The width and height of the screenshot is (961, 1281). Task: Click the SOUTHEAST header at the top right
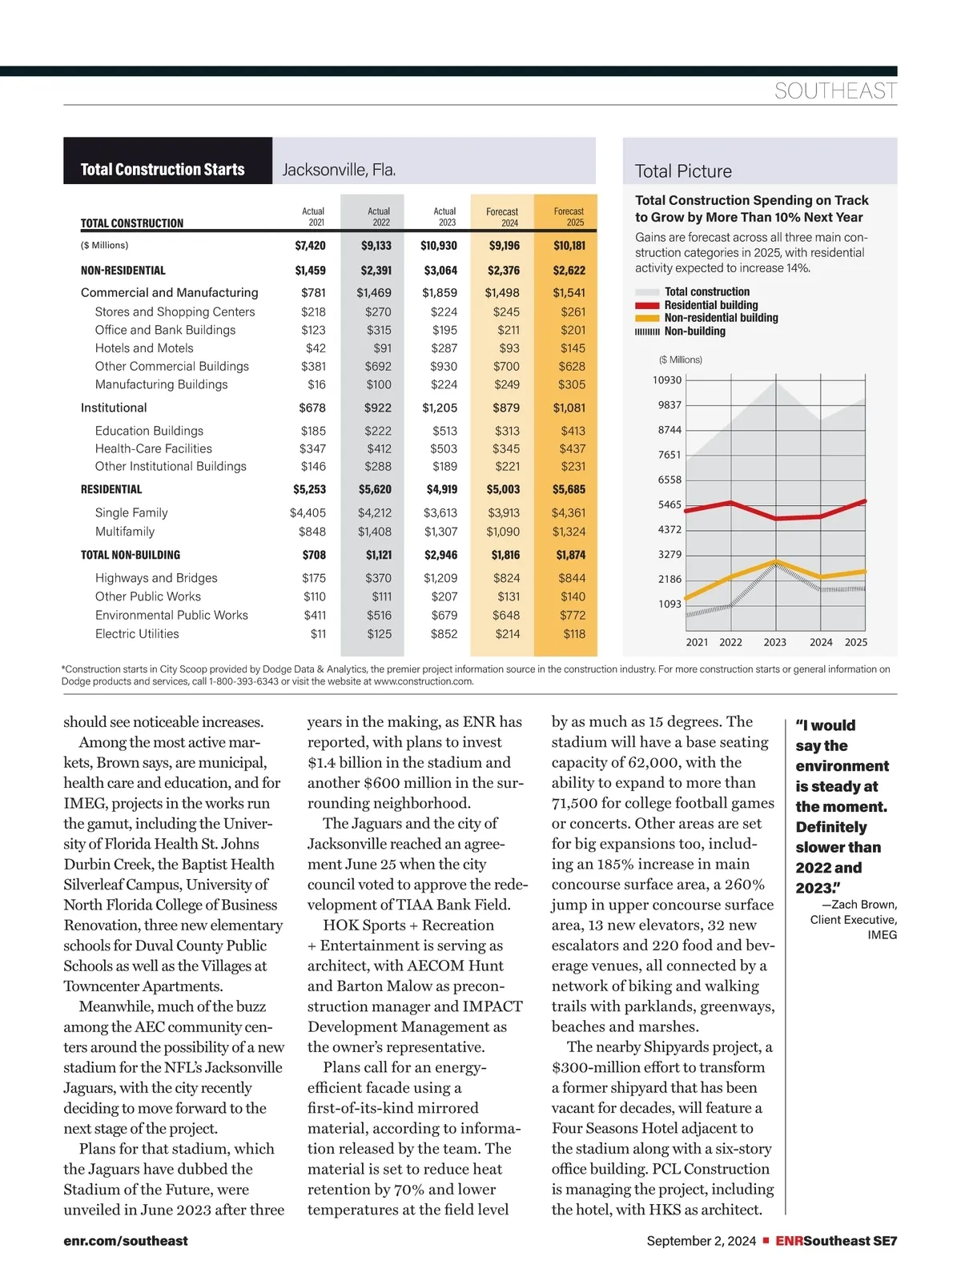[835, 91]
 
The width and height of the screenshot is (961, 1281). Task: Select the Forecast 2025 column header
[569, 217]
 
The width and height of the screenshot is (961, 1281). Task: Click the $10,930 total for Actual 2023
[439, 246]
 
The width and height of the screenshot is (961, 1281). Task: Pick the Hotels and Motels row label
[144, 348]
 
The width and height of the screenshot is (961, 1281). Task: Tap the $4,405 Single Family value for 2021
[308, 513]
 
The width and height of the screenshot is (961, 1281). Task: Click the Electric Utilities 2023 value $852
[444, 634]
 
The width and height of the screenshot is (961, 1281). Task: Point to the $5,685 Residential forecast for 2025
[569, 489]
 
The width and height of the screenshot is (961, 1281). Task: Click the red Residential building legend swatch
[647, 306]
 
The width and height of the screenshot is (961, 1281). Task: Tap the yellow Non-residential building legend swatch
[647, 319]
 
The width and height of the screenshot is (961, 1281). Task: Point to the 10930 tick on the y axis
[667, 380]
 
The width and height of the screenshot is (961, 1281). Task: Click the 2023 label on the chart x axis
[774, 642]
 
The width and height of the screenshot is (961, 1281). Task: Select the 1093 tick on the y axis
[670, 604]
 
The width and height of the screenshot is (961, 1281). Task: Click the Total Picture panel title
[683, 171]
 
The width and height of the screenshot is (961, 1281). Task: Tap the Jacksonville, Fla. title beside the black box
[339, 170]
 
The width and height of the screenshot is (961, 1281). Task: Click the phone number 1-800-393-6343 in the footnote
[243, 682]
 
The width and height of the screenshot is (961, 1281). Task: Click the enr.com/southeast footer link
[126, 1241]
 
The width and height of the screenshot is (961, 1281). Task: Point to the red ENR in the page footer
[789, 1241]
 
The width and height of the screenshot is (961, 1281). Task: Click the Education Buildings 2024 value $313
[507, 431]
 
